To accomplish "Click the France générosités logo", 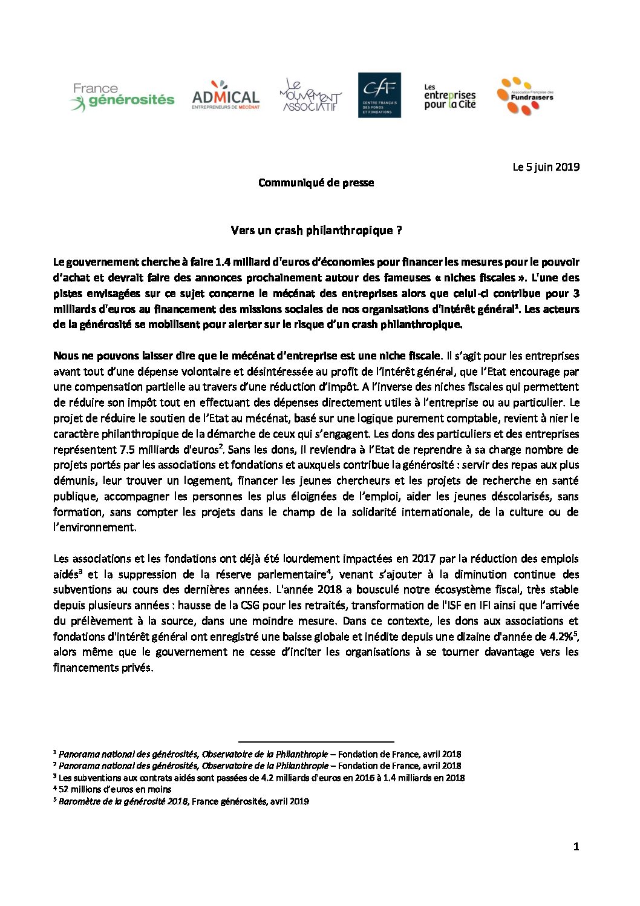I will [x=123, y=97].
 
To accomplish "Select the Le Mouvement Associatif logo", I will [x=310, y=96].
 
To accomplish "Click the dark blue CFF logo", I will [x=379, y=95].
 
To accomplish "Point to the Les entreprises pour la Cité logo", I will [x=449, y=96].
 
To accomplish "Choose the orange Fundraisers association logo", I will [x=524, y=96].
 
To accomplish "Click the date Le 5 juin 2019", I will [x=546, y=167].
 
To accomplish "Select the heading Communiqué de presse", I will [x=316, y=183].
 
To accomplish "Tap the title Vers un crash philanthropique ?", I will [x=316, y=231].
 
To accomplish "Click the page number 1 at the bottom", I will [x=576, y=847].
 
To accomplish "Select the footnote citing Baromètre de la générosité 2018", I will [x=181, y=801].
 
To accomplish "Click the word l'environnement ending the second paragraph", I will [x=94, y=527].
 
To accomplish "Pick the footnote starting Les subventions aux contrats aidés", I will [x=260, y=778].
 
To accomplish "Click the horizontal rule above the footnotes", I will [x=316, y=741].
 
